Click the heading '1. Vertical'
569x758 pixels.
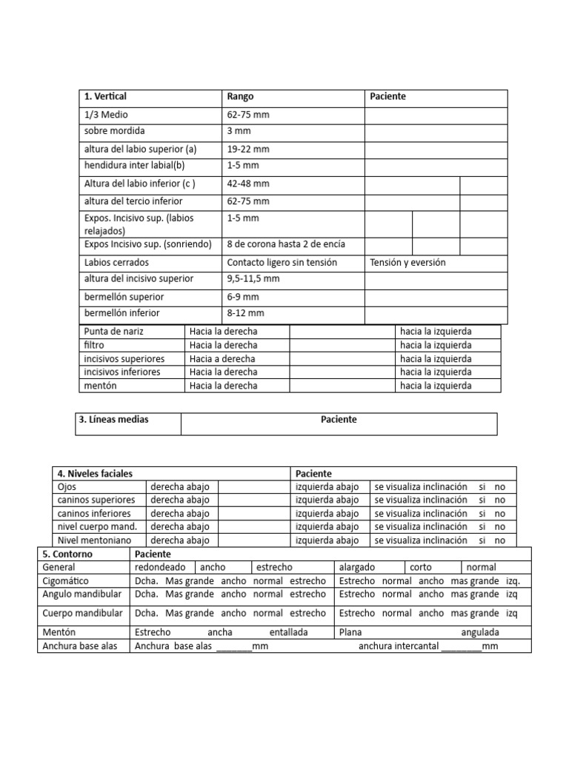pyautogui.click(x=105, y=97)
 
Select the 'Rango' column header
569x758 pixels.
pyautogui.click(x=241, y=97)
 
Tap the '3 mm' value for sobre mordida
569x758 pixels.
pyautogui.click(x=239, y=131)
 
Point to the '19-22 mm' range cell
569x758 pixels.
pyautogui.click(x=247, y=150)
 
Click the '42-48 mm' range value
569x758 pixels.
pyautogui.click(x=247, y=184)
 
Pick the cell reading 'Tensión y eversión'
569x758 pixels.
pyautogui.click(x=407, y=263)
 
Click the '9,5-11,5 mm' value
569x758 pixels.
pyautogui.click(x=253, y=279)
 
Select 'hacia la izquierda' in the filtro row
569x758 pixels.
pyautogui.click(x=435, y=345)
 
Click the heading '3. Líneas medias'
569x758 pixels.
pyautogui.click(x=113, y=420)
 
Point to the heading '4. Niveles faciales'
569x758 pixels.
pyautogui.click(x=96, y=474)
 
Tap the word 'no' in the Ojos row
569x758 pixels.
pyautogui.click(x=500, y=487)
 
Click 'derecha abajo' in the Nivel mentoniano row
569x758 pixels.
pyautogui.click(x=180, y=540)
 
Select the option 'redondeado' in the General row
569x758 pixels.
pyautogui.click(x=160, y=567)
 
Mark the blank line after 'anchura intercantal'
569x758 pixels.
pyautogui.click(x=460, y=647)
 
